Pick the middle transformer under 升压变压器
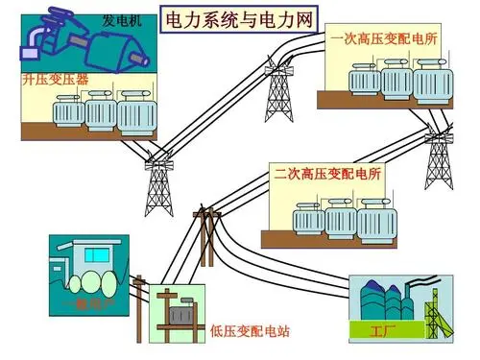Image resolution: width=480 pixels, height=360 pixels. point(100,112)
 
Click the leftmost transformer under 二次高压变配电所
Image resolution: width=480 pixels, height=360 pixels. point(307,222)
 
